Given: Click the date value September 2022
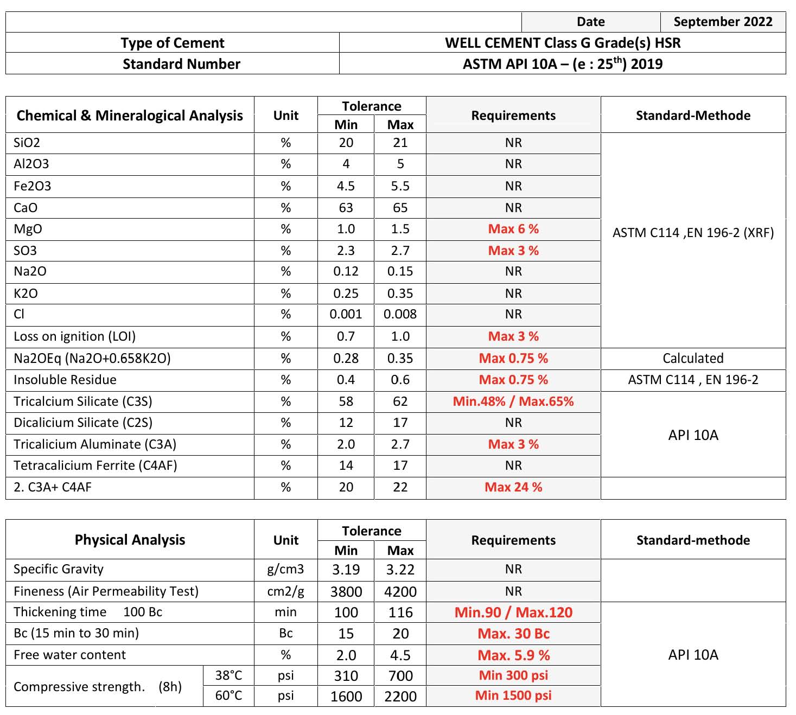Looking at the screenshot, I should pyautogui.click(x=723, y=22).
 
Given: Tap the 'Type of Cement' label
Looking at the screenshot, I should pyautogui.click(x=172, y=43).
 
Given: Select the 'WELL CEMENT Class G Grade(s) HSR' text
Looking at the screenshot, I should pyautogui.click(x=563, y=43).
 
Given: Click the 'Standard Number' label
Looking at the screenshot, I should pyautogui.click(x=181, y=64).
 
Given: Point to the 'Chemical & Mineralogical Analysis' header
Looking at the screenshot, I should pyautogui.click(x=130, y=116).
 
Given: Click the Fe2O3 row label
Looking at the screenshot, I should pyautogui.click(x=32, y=186).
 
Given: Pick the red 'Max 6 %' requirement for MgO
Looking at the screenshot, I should pyautogui.click(x=513, y=229).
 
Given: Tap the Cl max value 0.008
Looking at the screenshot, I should pyautogui.click(x=400, y=314).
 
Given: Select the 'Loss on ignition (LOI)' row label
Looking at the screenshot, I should pyautogui.click(x=74, y=336).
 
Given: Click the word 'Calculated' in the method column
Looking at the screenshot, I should pyautogui.click(x=693, y=359).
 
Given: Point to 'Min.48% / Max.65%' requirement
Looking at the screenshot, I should pyautogui.click(x=513, y=401).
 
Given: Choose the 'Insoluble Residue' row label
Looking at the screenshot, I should pyautogui.click(x=65, y=380).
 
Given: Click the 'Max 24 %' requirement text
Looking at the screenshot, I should pyautogui.click(x=513, y=487).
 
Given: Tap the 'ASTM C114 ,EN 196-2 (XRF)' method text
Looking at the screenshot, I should pyautogui.click(x=693, y=233).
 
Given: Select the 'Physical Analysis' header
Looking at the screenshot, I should pyautogui.click(x=130, y=540).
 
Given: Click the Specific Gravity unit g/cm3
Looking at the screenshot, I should pyautogui.click(x=285, y=569).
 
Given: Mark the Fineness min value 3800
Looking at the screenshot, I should pyautogui.click(x=346, y=591).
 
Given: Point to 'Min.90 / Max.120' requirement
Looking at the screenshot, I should pyautogui.click(x=513, y=612).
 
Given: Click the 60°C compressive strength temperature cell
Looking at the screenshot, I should pyautogui.click(x=228, y=695).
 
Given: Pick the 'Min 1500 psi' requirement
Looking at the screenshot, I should pyautogui.click(x=513, y=695).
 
